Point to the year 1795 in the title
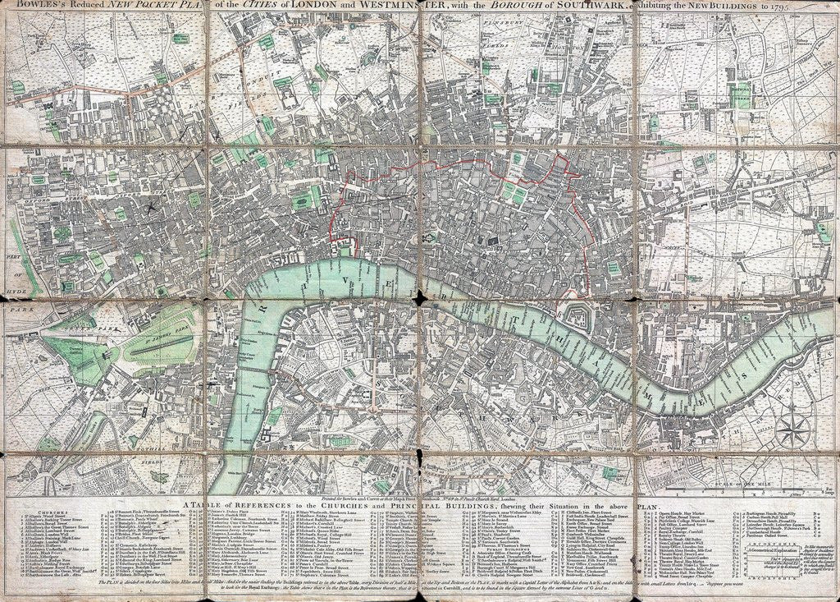(x=820, y=7)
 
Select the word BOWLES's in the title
(x=31, y=7)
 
